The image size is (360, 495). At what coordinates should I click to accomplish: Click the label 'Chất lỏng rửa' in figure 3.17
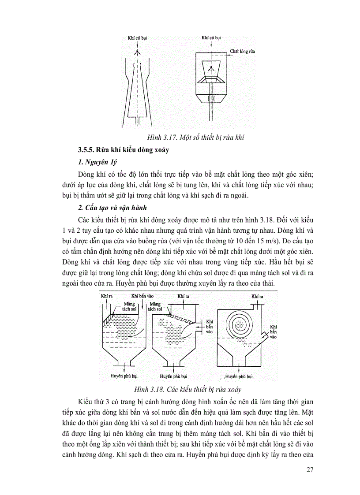pyautogui.click(x=242, y=52)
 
